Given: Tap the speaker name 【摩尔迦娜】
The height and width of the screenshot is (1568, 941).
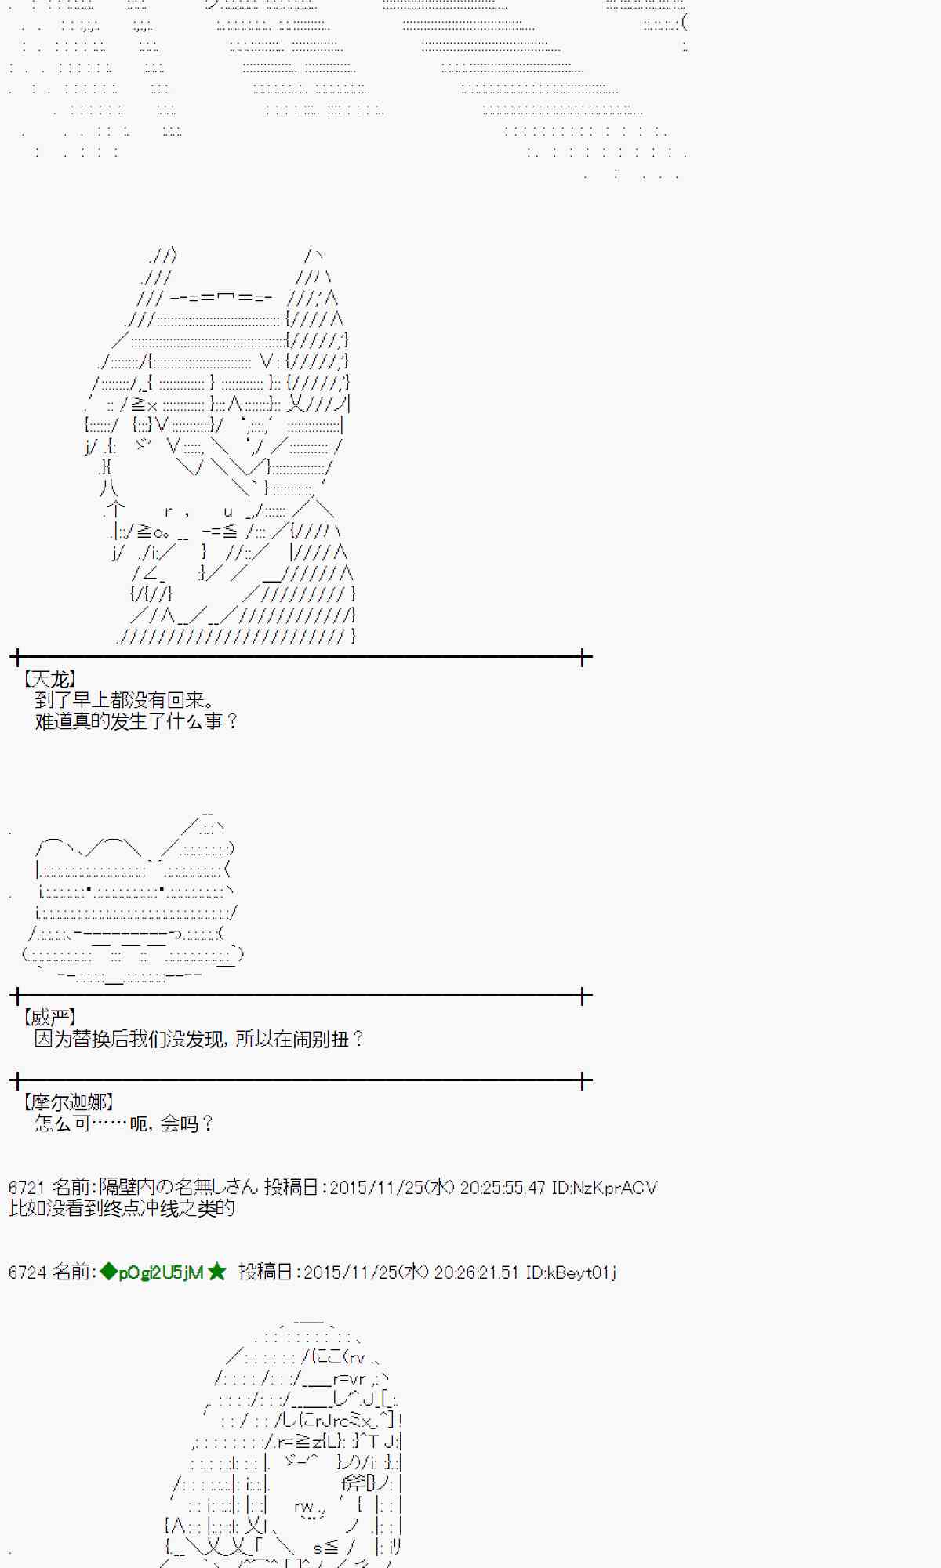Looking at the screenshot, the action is coord(67,1102).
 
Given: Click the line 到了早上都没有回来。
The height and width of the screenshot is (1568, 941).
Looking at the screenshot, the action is coord(125,700).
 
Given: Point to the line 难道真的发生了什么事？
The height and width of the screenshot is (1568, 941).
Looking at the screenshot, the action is coord(136,721).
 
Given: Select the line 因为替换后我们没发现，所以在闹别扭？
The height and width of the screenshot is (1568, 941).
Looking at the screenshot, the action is coord(199,1040).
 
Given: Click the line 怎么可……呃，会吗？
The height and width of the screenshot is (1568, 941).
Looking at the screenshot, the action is coord(124,1124).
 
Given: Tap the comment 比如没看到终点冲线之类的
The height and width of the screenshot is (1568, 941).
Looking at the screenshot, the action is coord(122,1208).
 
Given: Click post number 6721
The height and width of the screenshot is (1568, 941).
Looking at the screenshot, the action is coord(26,1188).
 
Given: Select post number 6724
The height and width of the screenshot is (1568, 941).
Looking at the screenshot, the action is coord(26,1272).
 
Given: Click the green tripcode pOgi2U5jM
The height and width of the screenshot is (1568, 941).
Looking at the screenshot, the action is coord(161,1272).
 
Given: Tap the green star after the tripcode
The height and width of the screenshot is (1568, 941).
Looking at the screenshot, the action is coord(217,1272).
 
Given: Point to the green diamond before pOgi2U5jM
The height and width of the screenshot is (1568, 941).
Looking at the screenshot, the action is coord(108,1272).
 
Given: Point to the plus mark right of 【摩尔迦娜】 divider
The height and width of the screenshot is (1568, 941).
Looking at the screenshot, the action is coord(583,1081).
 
